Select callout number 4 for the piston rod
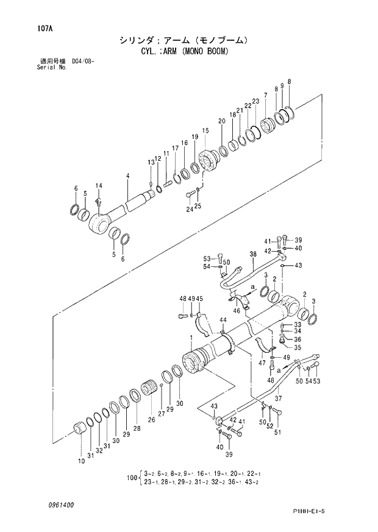tap(127, 176)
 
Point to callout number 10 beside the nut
tap(81, 461)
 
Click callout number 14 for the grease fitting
tap(99, 185)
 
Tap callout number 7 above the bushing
tap(265, 95)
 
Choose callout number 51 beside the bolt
tap(277, 433)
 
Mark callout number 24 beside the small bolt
tap(189, 209)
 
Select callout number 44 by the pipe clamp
tap(223, 320)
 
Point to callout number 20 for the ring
tap(222, 122)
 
